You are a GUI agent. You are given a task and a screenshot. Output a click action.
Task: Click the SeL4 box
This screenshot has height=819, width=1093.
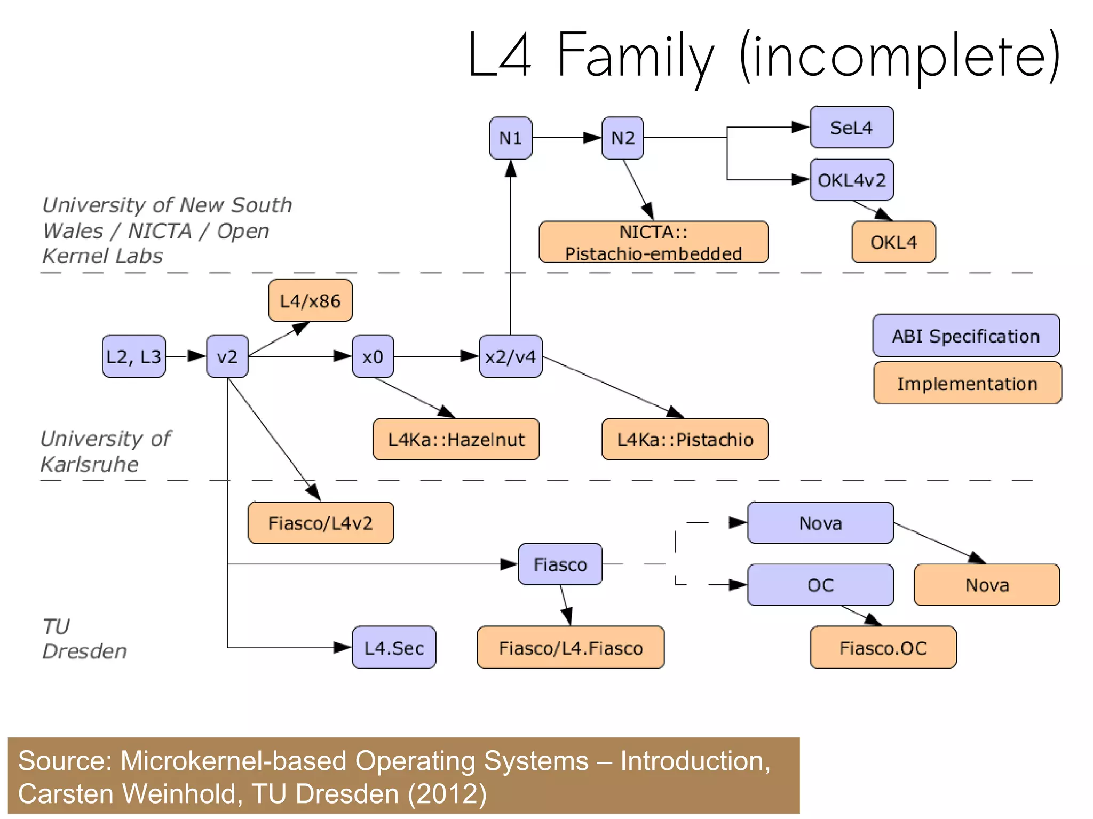click(851, 128)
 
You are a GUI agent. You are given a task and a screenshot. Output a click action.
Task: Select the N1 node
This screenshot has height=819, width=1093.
click(510, 138)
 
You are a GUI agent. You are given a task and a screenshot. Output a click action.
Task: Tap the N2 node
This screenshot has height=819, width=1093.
click(622, 138)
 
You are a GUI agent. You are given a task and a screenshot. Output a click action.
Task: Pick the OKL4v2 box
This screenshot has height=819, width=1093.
click(851, 180)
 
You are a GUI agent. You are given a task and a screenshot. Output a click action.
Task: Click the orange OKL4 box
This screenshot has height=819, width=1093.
click(893, 242)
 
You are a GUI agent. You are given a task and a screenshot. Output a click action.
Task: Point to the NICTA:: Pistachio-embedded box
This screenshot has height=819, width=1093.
click(653, 242)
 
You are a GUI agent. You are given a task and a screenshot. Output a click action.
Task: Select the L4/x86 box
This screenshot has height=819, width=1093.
click(310, 300)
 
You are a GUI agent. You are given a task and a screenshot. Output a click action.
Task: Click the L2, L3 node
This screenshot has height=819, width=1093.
click(133, 356)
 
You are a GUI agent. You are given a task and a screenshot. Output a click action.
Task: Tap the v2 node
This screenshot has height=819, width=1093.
click(227, 356)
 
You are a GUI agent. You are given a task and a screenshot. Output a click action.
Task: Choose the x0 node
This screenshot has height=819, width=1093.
click(373, 356)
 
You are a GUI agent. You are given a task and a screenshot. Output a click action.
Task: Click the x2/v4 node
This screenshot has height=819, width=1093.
click(510, 356)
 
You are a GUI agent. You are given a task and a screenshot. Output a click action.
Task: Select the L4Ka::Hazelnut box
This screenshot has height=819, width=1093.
click(456, 439)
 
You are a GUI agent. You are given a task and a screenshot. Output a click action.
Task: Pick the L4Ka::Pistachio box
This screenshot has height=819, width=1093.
click(685, 439)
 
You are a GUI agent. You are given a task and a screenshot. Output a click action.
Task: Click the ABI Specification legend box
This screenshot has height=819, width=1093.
click(965, 336)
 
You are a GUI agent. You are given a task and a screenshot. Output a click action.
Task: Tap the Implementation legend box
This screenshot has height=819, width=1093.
click(967, 383)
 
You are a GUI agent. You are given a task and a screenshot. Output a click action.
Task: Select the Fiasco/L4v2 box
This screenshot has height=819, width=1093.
click(320, 523)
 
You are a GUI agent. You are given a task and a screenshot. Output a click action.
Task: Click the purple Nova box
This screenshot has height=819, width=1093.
click(820, 523)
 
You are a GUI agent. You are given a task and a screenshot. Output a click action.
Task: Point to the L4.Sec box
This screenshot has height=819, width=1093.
click(394, 648)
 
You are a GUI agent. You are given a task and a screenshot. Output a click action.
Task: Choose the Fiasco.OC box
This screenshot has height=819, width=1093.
click(883, 648)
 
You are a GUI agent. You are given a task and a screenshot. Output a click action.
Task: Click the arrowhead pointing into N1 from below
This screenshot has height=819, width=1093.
click(510, 169)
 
